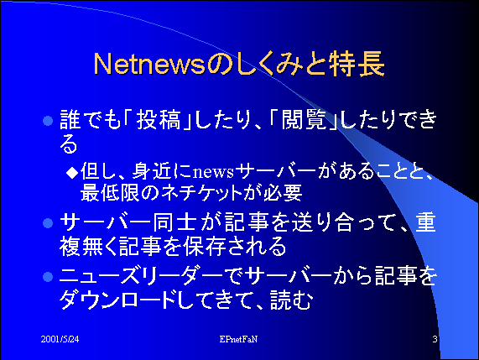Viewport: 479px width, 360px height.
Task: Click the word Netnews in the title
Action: coord(149,64)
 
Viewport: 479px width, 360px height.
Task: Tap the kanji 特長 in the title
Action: coord(357,64)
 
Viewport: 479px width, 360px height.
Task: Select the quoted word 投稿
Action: coord(159,119)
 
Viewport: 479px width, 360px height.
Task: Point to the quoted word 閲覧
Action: coord(304,119)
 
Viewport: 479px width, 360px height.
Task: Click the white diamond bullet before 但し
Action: coord(72,173)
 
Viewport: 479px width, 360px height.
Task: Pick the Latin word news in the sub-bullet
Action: coord(214,172)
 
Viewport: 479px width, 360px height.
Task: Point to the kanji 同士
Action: coord(174,222)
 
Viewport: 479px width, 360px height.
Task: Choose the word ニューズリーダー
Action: coord(141,277)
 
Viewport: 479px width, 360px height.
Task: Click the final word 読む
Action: coord(291,300)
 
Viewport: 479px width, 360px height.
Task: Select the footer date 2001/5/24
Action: coord(60,339)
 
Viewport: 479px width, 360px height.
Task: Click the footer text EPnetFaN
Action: coord(238,339)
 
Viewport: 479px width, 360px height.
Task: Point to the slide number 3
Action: coord(435,339)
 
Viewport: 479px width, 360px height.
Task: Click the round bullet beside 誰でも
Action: coord(48,121)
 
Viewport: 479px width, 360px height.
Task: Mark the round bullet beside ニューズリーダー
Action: coord(48,277)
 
